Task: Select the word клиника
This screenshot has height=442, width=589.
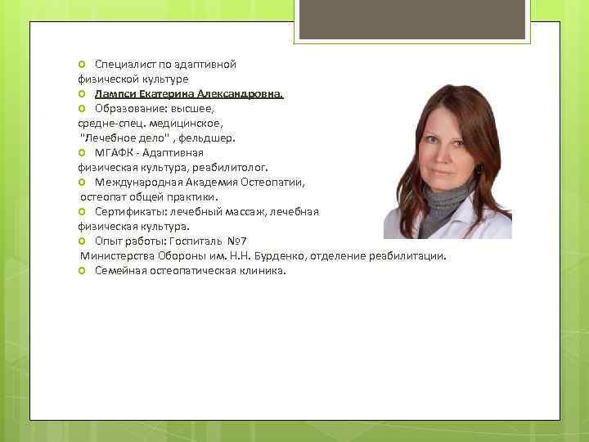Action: [262, 270]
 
